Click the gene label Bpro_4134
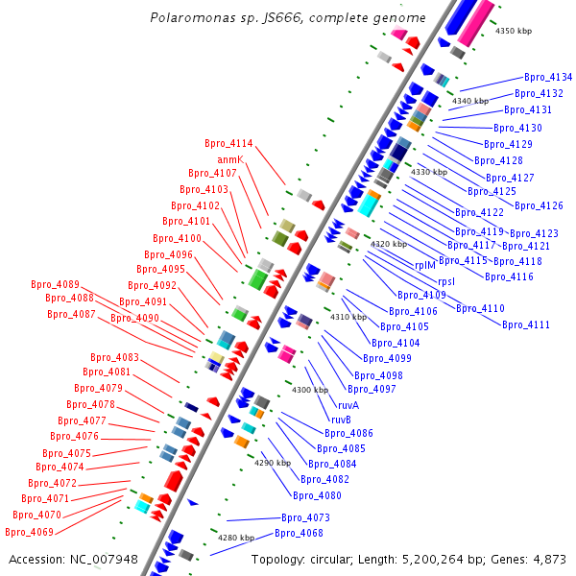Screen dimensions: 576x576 548,77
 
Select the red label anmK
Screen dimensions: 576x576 230,158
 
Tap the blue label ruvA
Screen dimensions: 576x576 348,405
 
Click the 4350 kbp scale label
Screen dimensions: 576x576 513,32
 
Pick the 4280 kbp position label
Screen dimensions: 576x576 235,538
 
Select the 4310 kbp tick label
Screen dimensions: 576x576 348,317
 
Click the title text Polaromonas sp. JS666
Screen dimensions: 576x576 226,18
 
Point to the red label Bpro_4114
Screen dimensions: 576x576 228,144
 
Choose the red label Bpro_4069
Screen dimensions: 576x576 29,532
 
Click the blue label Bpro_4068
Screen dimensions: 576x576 299,533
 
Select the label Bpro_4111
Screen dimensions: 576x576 526,324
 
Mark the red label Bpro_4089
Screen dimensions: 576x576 55,284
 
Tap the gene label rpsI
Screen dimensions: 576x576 446,281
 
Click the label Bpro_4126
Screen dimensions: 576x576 539,205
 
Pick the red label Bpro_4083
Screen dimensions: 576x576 114,357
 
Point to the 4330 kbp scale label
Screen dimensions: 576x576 429,172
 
